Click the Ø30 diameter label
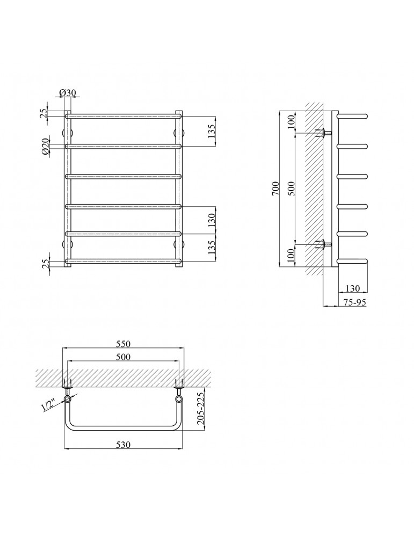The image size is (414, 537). [68, 92]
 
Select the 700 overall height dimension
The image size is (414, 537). [275, 188]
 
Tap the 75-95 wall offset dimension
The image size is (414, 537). [355, 302]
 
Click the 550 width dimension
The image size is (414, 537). [124, 344]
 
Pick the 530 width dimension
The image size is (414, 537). [124, 445]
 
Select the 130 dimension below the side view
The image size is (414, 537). [353, 288]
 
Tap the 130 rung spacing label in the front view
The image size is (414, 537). [212, 221]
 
